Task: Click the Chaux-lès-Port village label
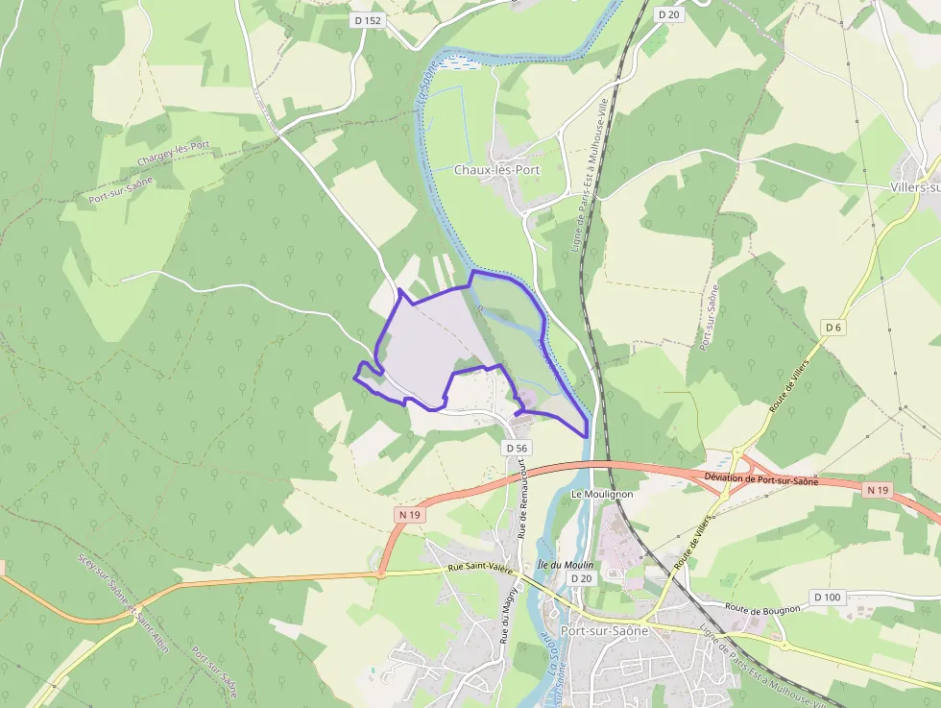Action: (x=496, y=170)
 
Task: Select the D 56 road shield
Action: (x=516, y=448)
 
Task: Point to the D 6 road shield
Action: (x=832, y=328)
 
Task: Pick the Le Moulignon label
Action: (x=602, y=494)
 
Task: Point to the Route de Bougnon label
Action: (x=762, y=607)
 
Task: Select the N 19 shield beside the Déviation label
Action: (x=878, y=490)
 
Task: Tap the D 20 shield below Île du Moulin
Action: (x=581, y=578)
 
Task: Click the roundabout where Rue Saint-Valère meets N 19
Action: (x=380, y=574)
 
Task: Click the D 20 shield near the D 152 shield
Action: (x=668, y=14)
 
